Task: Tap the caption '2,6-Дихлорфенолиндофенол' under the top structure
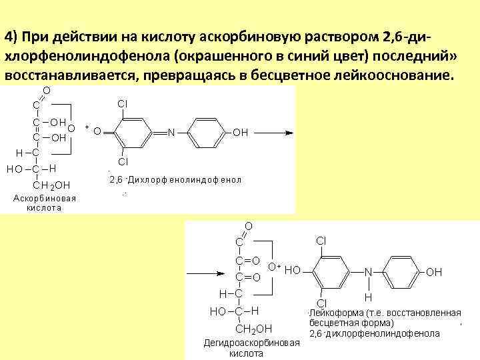[x=175, y=180]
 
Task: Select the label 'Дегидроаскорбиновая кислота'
[x=251, y=348]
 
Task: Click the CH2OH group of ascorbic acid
[x=52, y=185]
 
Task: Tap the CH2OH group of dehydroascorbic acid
[x=255, y=328]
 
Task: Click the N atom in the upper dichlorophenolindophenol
[x=171, y=133]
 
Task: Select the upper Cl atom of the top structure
[x=123, y=104]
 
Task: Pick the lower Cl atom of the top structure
[x=123, y=162]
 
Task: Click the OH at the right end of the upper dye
[x=241, y=133]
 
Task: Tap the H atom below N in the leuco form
[x=368, y=297]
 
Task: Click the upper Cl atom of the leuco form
[x=321, y=241]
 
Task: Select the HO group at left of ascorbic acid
[x=14, y=169]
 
